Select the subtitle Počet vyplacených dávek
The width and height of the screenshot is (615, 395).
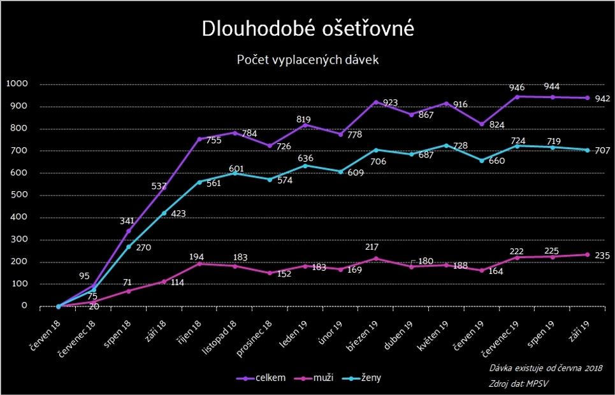308,60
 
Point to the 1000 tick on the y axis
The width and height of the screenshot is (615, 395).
17,84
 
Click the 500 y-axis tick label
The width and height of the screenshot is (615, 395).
20,195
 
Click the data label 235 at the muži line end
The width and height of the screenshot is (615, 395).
602,256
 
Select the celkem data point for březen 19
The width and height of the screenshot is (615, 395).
376,102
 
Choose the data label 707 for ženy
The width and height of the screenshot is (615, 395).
602,151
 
